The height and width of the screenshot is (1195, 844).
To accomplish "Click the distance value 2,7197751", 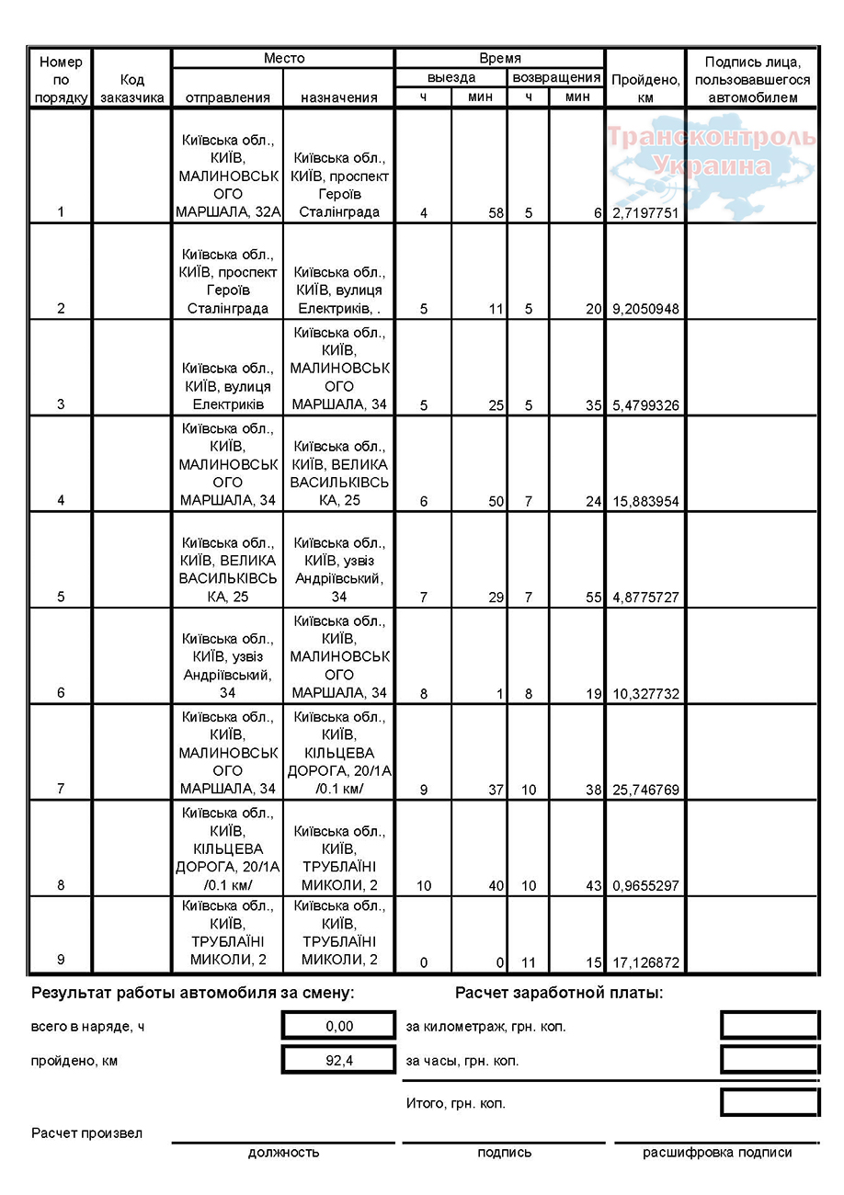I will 644,213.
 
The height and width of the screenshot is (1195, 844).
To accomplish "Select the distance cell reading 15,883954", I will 644,501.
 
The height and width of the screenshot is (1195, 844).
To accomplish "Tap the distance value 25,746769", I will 644,790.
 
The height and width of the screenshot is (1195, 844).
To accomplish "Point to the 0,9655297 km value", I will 644,886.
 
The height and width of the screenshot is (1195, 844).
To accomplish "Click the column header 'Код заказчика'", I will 131,88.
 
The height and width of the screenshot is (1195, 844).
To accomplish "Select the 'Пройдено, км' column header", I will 644,88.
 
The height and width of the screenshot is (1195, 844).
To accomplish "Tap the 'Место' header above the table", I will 283,58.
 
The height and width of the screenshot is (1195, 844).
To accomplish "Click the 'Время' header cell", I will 499,58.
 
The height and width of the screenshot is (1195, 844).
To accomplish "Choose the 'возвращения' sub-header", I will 556,78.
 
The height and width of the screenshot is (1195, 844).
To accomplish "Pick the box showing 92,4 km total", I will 338,1060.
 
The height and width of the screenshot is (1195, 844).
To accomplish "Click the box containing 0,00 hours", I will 338,1026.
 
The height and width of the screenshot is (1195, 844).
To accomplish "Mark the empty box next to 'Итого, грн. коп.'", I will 769,1103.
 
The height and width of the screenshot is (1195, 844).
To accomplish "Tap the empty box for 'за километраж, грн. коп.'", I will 769,1026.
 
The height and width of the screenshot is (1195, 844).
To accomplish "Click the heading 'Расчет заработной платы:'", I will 558,993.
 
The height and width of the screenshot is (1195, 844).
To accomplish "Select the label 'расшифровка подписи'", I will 716,1153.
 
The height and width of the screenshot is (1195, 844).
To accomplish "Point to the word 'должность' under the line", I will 283,1153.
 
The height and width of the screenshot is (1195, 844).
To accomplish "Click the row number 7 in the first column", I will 61,790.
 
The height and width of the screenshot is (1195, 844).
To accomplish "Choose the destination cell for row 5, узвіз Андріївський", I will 339,570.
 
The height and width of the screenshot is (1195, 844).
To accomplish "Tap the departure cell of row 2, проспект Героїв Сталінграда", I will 227,281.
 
